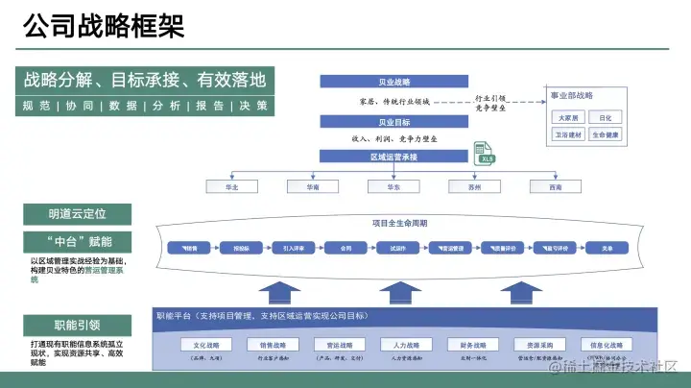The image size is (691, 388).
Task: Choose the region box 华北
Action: tap(230, 187)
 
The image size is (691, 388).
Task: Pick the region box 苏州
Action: tap(473, 187)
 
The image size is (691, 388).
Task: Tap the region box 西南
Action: tap(555, 187)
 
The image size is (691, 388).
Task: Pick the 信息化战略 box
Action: tap(606, 345)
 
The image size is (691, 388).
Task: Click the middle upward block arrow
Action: tap(399, 291)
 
